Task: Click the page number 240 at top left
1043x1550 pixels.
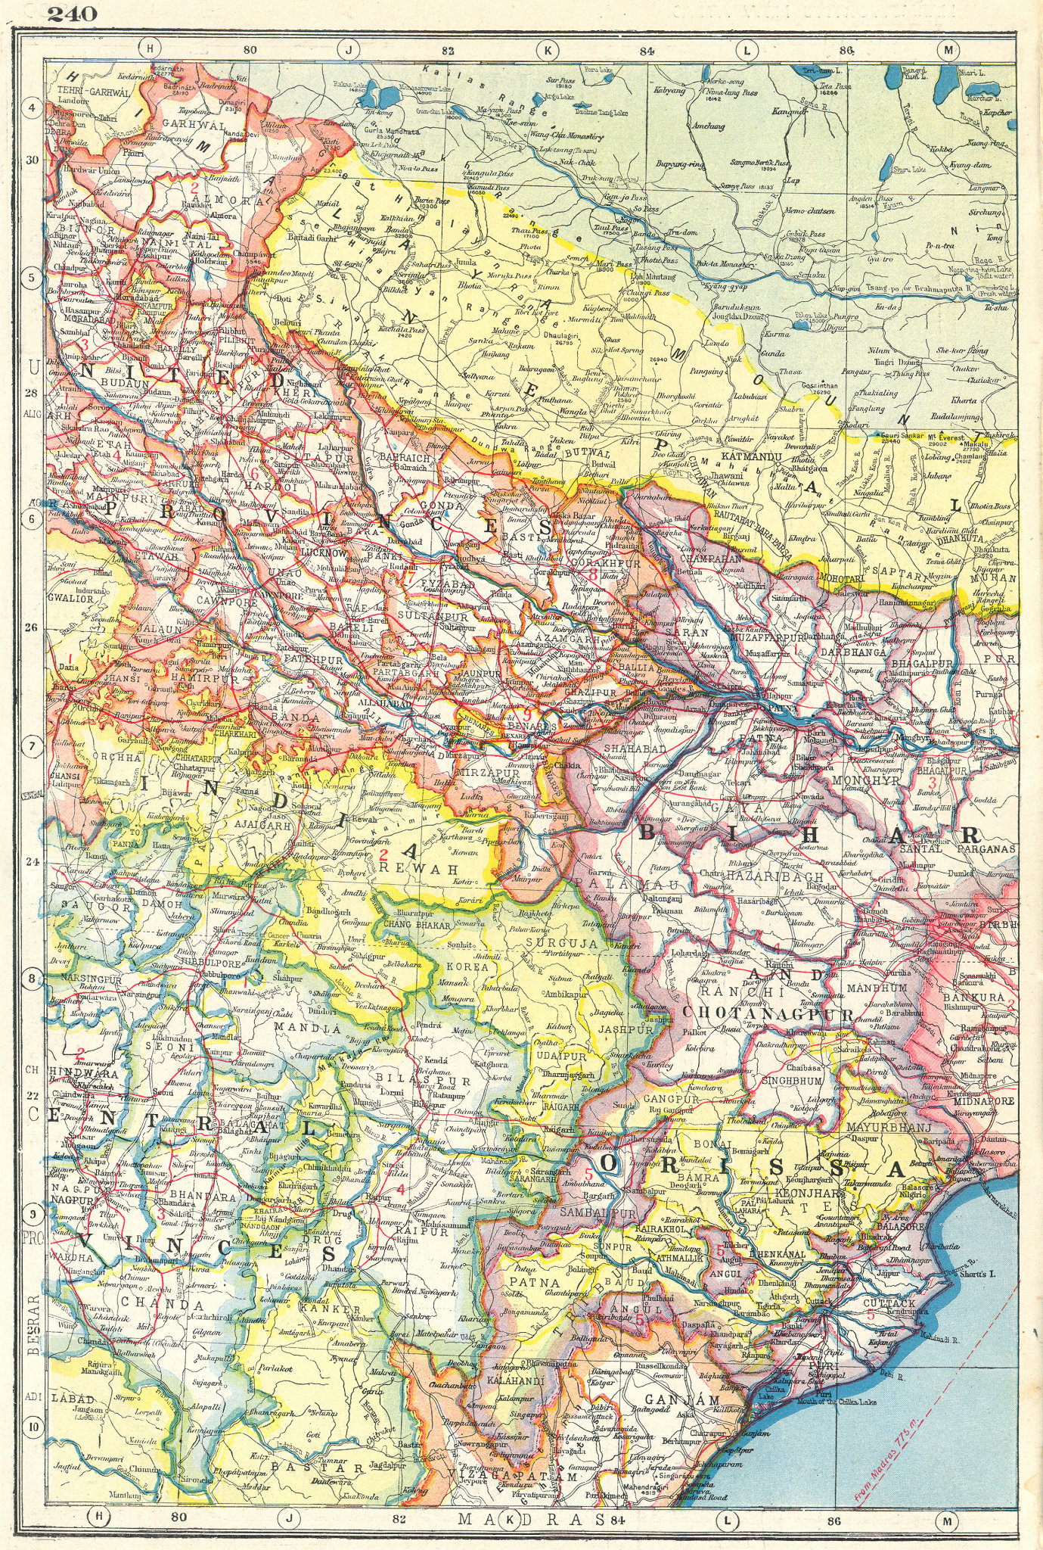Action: [x=72, y=13]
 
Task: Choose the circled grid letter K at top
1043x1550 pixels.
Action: [x=545, y=50]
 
